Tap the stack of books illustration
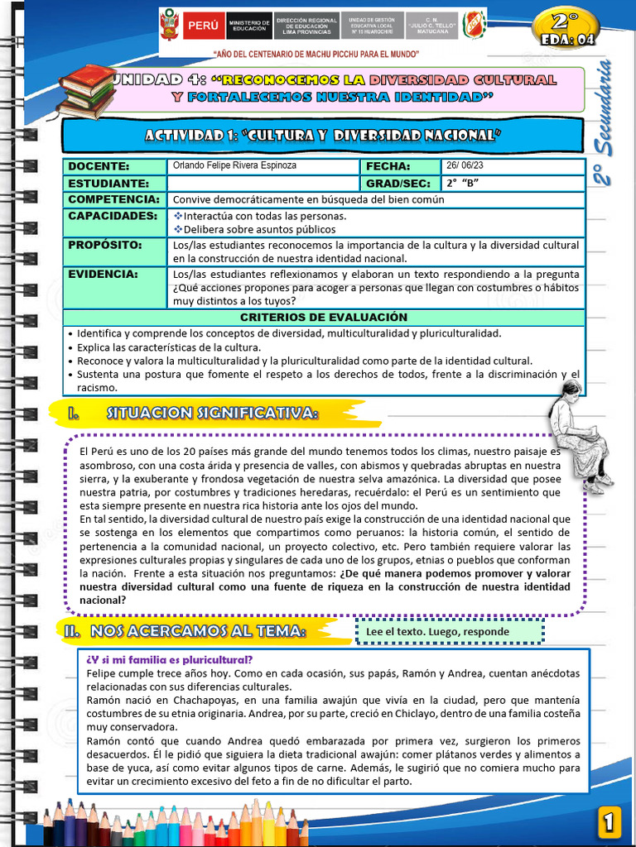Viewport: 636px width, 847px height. coord(86,90)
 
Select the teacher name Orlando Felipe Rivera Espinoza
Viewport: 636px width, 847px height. coord(234,165)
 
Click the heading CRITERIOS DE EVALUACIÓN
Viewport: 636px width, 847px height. coord(324,318)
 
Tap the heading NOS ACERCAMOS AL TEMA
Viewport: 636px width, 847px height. coord(196,631)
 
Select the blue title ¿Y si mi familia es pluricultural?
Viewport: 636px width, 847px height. coord(169,659)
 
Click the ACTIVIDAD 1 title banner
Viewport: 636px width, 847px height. coord(323,135)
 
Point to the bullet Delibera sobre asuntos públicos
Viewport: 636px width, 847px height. coord(259,229)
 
